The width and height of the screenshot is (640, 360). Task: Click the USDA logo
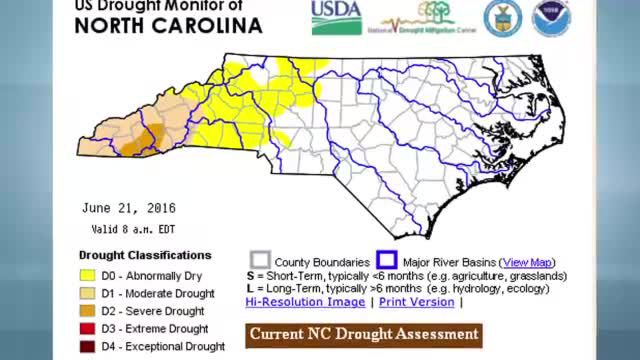(x=336, y=17)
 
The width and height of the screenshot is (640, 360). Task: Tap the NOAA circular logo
(x=551, y=18)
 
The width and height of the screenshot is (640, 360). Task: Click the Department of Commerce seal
(x=502, y=18)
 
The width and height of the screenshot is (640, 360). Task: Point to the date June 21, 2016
(x=129, y=208)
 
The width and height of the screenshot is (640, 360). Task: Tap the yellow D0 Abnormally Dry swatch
(x=87, y=276)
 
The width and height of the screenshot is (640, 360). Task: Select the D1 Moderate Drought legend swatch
(x=87, y=294)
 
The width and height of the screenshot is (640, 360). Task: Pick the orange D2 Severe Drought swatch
(x=87, y=311)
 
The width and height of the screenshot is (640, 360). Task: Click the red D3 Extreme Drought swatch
(x=87, y=329)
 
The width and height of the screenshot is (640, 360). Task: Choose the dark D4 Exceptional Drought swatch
(x=87, y=346)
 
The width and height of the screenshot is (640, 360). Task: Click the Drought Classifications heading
(x=145, y=255)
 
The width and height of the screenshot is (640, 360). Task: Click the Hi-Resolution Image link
(x=305, y=301)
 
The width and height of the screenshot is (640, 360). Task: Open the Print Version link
(x=416, y=301)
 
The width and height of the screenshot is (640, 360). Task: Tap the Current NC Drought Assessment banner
(x=364, y=334)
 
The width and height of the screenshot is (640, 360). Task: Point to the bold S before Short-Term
(x=249, y=275)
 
